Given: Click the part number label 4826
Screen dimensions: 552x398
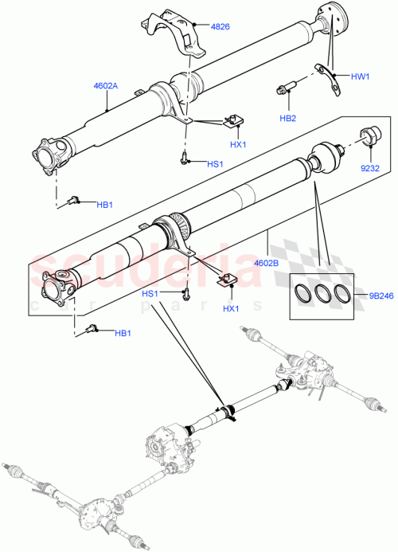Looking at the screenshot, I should coord(220,26).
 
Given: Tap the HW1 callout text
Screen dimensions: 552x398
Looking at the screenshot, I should coord(361,76).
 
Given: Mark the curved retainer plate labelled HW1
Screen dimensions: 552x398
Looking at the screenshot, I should coord(327,72).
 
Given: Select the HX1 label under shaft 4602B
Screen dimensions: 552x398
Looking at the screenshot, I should coord(231,308).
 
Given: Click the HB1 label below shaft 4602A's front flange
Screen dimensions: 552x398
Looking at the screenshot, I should coord(104,204).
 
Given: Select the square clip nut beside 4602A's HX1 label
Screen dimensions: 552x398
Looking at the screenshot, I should coord(233,122).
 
